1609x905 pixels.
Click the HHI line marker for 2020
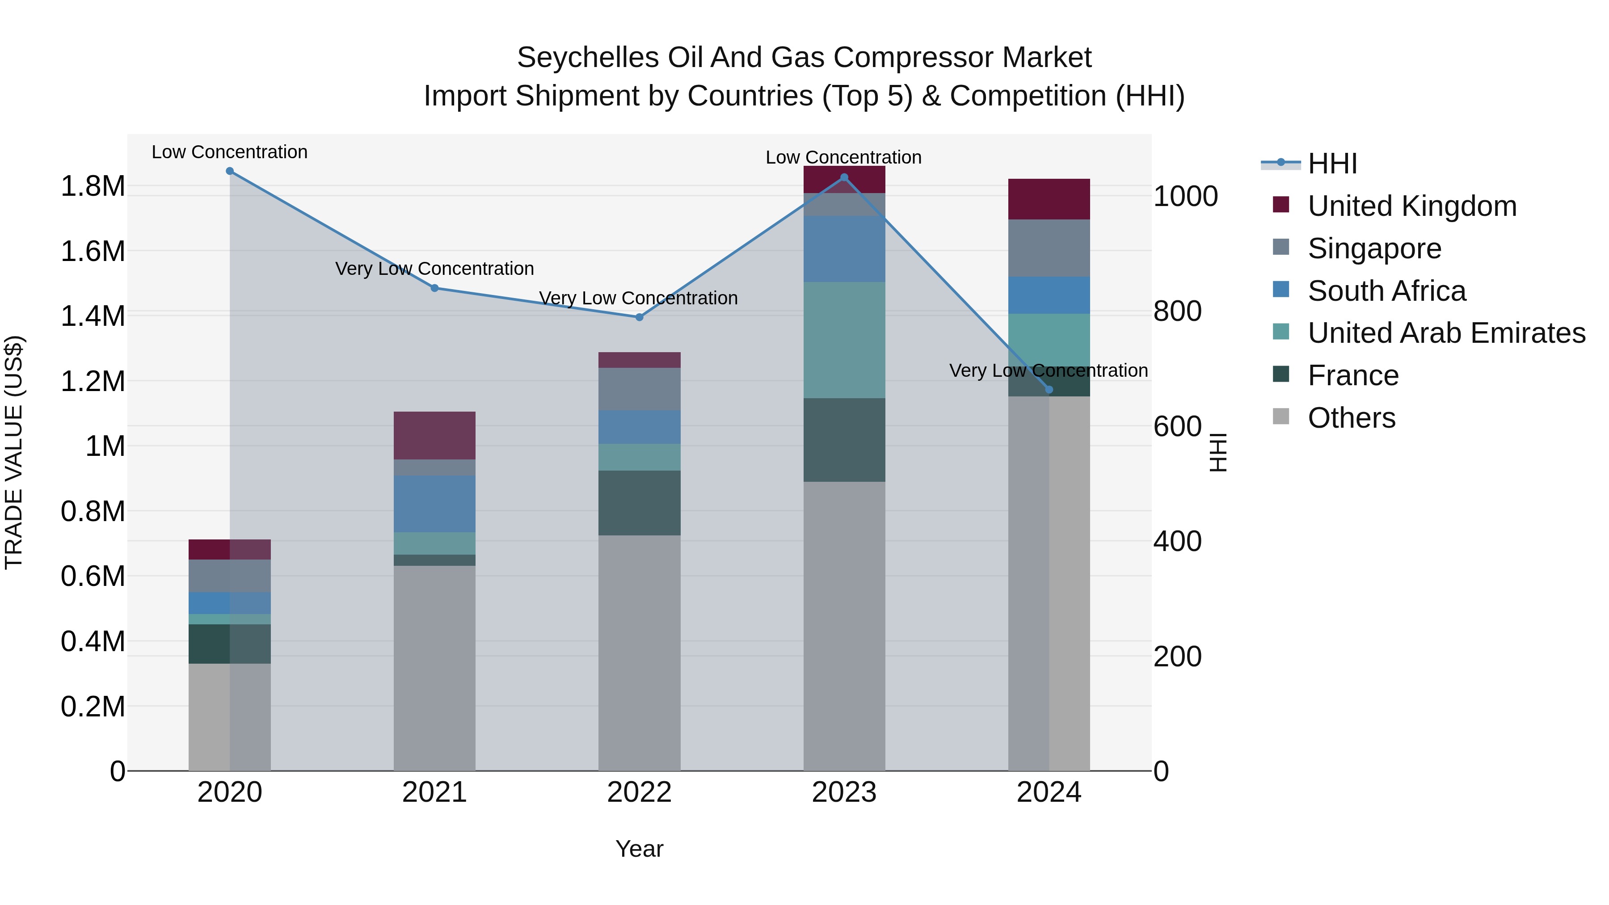pyautogui.click(x=230, y=171)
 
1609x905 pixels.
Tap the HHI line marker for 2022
pyautogui.click(x=639, y=317)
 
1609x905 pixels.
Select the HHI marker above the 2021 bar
pyautogui.click(x=435, y=288)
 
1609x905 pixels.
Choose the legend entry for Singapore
pyautogui.click(x=1374, y=248)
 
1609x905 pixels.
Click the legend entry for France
pyautogui.click(x=1353, y=375)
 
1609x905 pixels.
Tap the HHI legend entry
pyautogui.click(x=1332, y=164)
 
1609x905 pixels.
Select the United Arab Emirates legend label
pyautogui.click(x=1446, y=333)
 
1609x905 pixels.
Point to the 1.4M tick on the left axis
pyautogui.click(x=93, y=316)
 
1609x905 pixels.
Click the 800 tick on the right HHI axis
pyautogui.click(x=1177, y=311)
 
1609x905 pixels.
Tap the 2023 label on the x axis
pyautogui.click(x=844, y=792)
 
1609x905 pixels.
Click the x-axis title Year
pyautogui.click(x=639, y=849)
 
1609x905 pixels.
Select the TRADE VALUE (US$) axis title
pyautogui.click(x=14, y=452)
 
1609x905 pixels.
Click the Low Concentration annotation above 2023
pyautogui.click(x=843, y=157)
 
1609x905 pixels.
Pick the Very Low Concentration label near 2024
pyautogui.click(x=1048, y=370)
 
